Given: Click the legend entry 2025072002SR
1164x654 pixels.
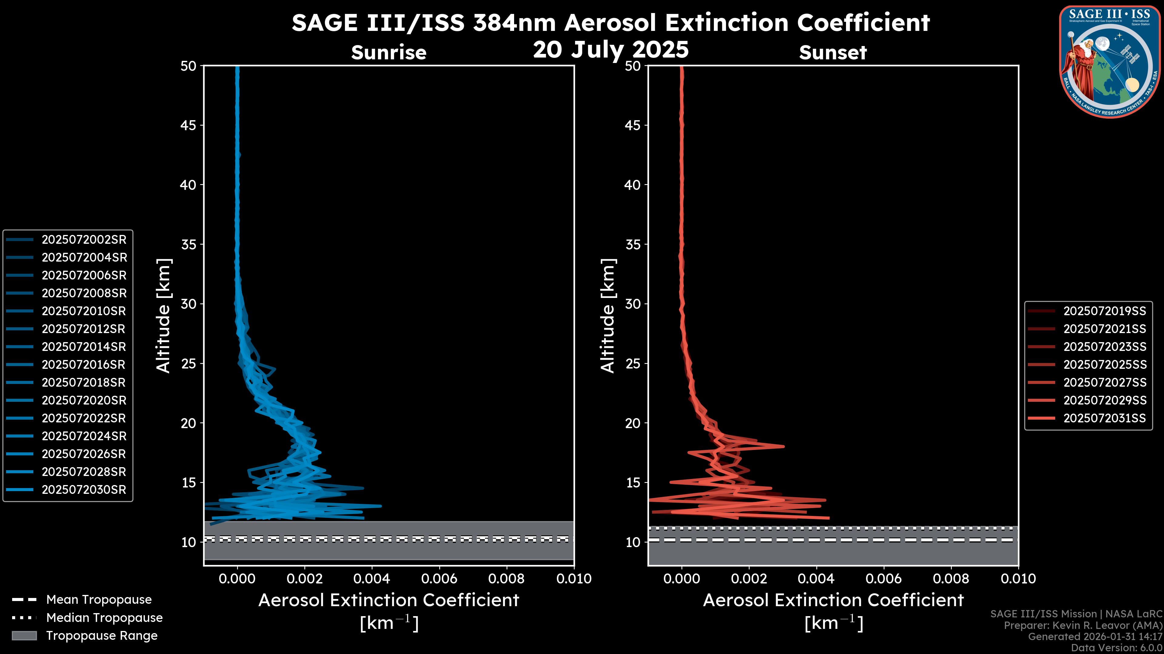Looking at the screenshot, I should coord(84,239).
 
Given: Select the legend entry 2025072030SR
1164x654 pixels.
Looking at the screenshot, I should coord(84,490).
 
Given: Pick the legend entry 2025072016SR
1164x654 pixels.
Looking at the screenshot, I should coord(84,364).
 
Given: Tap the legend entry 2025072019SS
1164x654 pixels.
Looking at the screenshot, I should coord(1104,311).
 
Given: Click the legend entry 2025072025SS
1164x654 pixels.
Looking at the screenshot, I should coord(1104,364).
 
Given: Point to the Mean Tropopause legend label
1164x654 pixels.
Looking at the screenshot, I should coord(99,599).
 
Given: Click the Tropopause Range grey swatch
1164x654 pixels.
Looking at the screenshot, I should coord(24,636).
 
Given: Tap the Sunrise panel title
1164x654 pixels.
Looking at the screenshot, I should coord(389,52).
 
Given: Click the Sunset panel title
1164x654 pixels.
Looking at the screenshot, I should coord(833,52).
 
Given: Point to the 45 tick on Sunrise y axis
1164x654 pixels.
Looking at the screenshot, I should coord(189,125).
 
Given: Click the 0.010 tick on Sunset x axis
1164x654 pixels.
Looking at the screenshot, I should coord(1018,579).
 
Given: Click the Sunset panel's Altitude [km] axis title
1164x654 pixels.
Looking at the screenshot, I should coord(608,316).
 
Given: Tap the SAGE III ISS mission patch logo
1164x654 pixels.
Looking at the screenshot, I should coord(1109,62).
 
